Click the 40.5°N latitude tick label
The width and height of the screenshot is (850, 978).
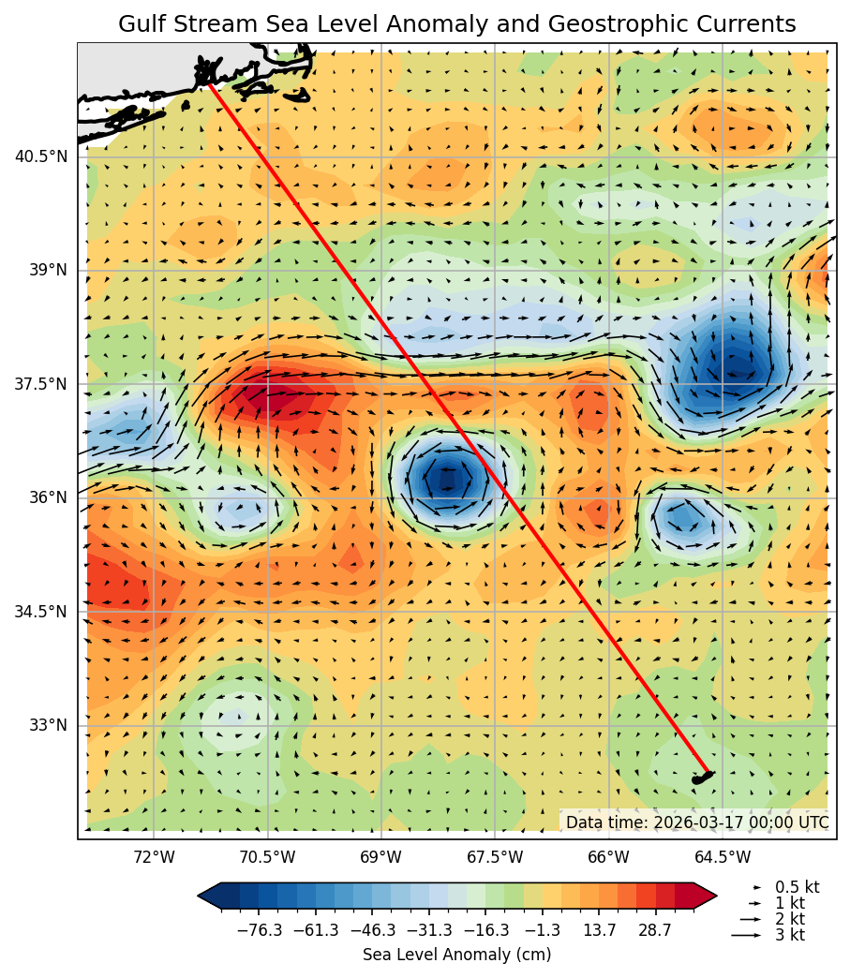[41, 156]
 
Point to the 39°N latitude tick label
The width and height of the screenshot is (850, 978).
[48, 270]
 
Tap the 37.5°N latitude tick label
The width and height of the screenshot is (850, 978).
[41, 384]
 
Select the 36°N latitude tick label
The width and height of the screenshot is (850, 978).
[48, 497]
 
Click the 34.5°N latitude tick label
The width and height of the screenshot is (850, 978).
[41, 612]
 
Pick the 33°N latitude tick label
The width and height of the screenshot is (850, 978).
[48, 725]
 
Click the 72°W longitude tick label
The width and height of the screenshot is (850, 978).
[154, 856]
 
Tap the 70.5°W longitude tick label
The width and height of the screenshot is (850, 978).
[268, 856]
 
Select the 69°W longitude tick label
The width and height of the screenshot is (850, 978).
[381, 856]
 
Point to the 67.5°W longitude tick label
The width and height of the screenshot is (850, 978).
[495, 856]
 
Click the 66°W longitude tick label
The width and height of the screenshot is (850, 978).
[609, 856]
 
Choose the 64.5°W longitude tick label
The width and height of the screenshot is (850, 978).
[723, 856]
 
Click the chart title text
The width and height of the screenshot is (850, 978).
[457, 24]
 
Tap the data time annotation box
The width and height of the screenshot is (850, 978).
[696, 822]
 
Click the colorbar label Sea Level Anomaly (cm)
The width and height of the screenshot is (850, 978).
[456, 955]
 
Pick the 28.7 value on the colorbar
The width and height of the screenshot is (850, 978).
[655, 930]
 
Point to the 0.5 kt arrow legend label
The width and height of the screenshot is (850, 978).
[797, 886]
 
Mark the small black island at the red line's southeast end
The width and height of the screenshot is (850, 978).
[701, 778]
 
